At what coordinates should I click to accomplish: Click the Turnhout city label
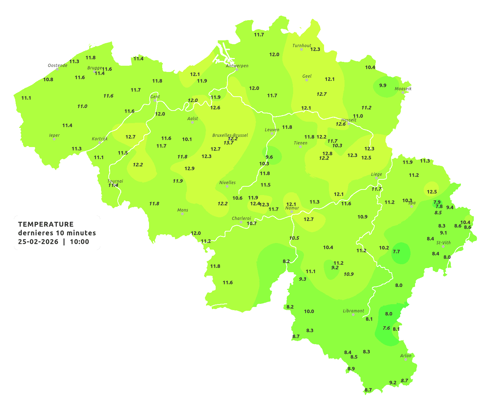301,46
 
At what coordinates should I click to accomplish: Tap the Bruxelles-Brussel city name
230,135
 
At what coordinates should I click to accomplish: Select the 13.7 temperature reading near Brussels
228,143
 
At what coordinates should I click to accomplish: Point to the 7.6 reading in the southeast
386,328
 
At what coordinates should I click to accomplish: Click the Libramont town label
353,311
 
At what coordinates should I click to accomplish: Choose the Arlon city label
406,356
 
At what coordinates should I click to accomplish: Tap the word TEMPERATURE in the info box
46,224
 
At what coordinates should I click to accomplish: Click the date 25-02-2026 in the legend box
38,242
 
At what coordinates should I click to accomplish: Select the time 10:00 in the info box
80,242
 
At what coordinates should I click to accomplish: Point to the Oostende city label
57,65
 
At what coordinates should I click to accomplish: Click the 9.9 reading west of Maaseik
382,86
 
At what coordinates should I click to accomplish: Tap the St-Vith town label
443,243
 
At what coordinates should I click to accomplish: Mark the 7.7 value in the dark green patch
396,252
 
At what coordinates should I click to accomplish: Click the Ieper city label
54,135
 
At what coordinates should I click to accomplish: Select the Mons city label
183,210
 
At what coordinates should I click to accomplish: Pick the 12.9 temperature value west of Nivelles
189,169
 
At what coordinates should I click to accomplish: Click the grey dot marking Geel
307,80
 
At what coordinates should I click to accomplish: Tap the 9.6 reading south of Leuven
269,157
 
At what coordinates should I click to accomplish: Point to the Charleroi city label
241,218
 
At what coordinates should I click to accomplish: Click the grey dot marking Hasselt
349,123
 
